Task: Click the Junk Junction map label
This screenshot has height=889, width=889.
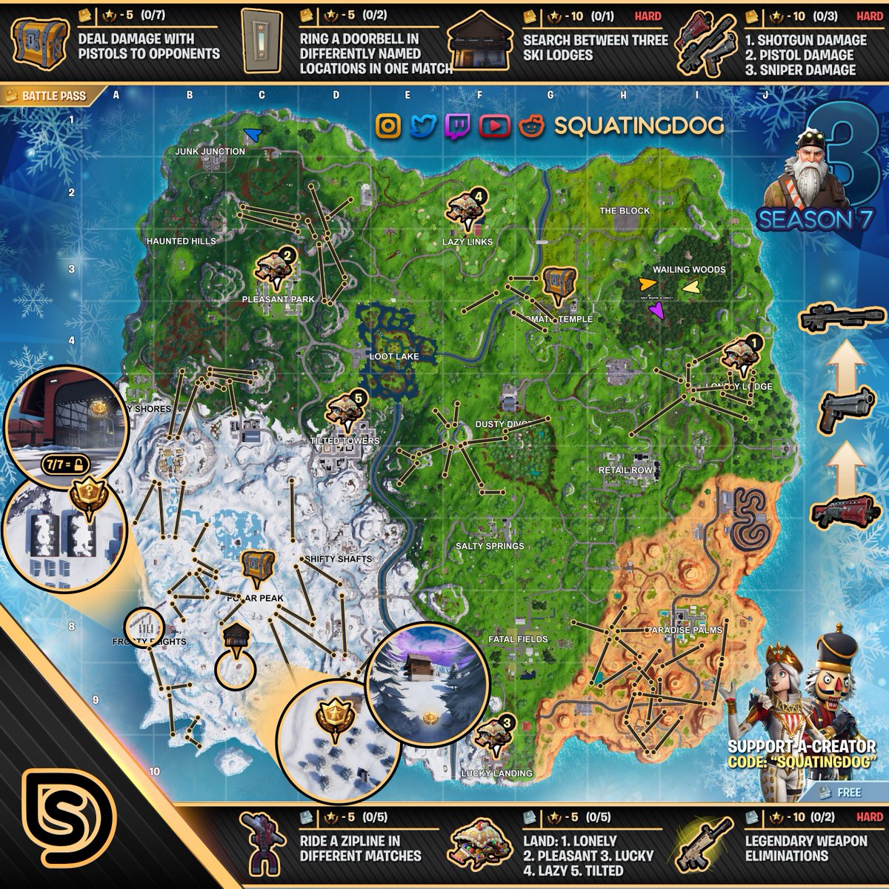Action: point(210,152)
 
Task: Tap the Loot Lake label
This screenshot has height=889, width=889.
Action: point(394,356)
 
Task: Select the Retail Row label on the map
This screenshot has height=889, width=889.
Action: point(626,470)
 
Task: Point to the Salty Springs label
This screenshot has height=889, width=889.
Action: point(490,546)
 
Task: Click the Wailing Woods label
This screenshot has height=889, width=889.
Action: point(689,270)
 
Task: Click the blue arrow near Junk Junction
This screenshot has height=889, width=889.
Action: point(253,134)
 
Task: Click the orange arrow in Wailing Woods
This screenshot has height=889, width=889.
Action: point(647,283)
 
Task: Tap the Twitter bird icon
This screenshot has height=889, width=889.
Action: point(423,126)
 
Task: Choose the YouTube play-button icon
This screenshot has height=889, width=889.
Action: point(493,126)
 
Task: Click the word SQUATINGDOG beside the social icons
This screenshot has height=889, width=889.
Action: point(639,126)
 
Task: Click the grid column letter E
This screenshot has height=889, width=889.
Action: point(407,95)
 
